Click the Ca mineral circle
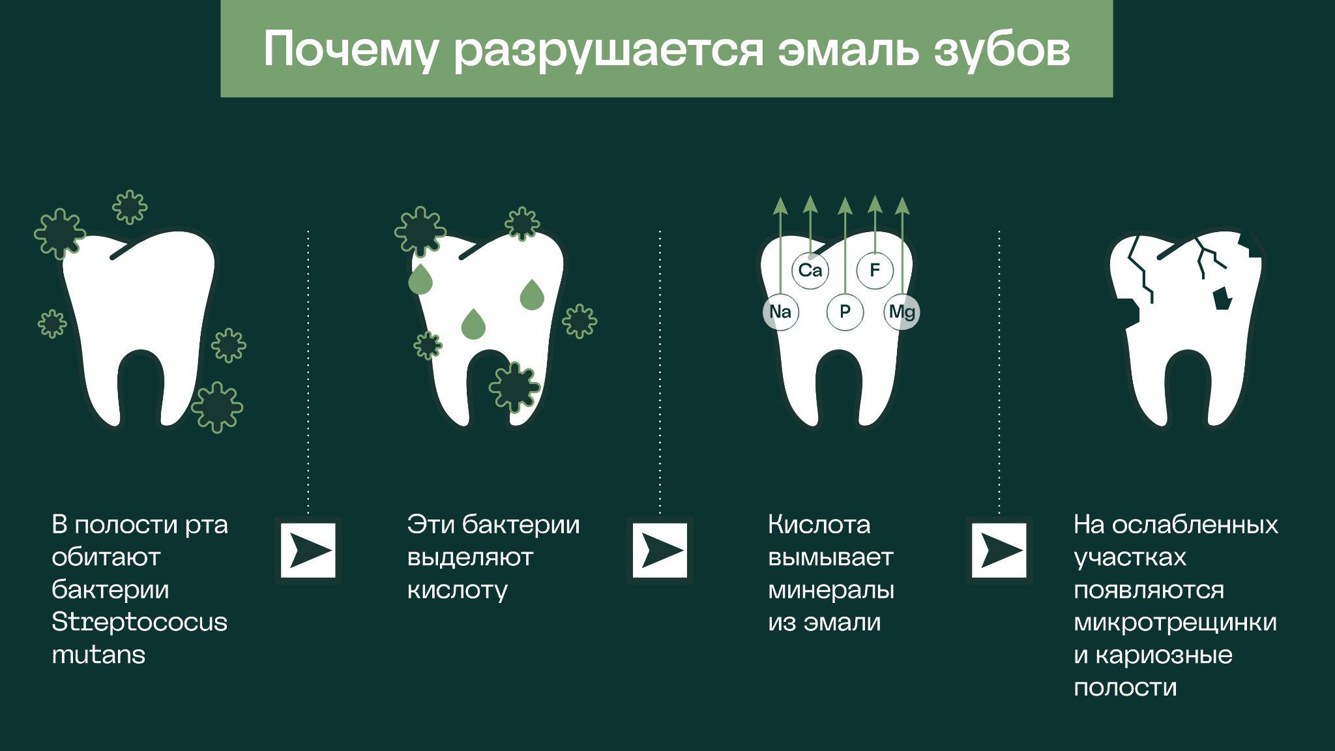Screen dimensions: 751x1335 tap(810, 270)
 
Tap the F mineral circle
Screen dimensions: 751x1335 tap(875, 270)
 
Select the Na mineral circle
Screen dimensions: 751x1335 tap(780, 312)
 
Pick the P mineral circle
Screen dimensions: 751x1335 tap(845, 312)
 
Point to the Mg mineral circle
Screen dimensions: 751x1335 tap(902, 312)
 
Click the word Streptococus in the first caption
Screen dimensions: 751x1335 tap(139, 622)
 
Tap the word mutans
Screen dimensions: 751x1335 tap(98, 655)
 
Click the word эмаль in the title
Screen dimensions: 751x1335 tap(848, 50)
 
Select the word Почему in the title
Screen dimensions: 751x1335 tap(351, 50)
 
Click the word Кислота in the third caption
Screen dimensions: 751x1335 tap(819, 525)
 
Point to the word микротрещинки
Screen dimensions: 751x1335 tap(1175, 622)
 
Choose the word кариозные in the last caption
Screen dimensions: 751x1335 tap(1164, 655)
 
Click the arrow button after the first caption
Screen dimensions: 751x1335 tap(308, 551)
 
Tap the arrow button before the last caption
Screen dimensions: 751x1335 tap(999, 551)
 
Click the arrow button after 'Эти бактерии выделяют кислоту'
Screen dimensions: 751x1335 tap(660, 551)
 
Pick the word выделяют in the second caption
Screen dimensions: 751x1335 tap(470, 557)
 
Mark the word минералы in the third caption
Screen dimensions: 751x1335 tap(831, 590)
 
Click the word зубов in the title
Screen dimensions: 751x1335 tap(1002, 50)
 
